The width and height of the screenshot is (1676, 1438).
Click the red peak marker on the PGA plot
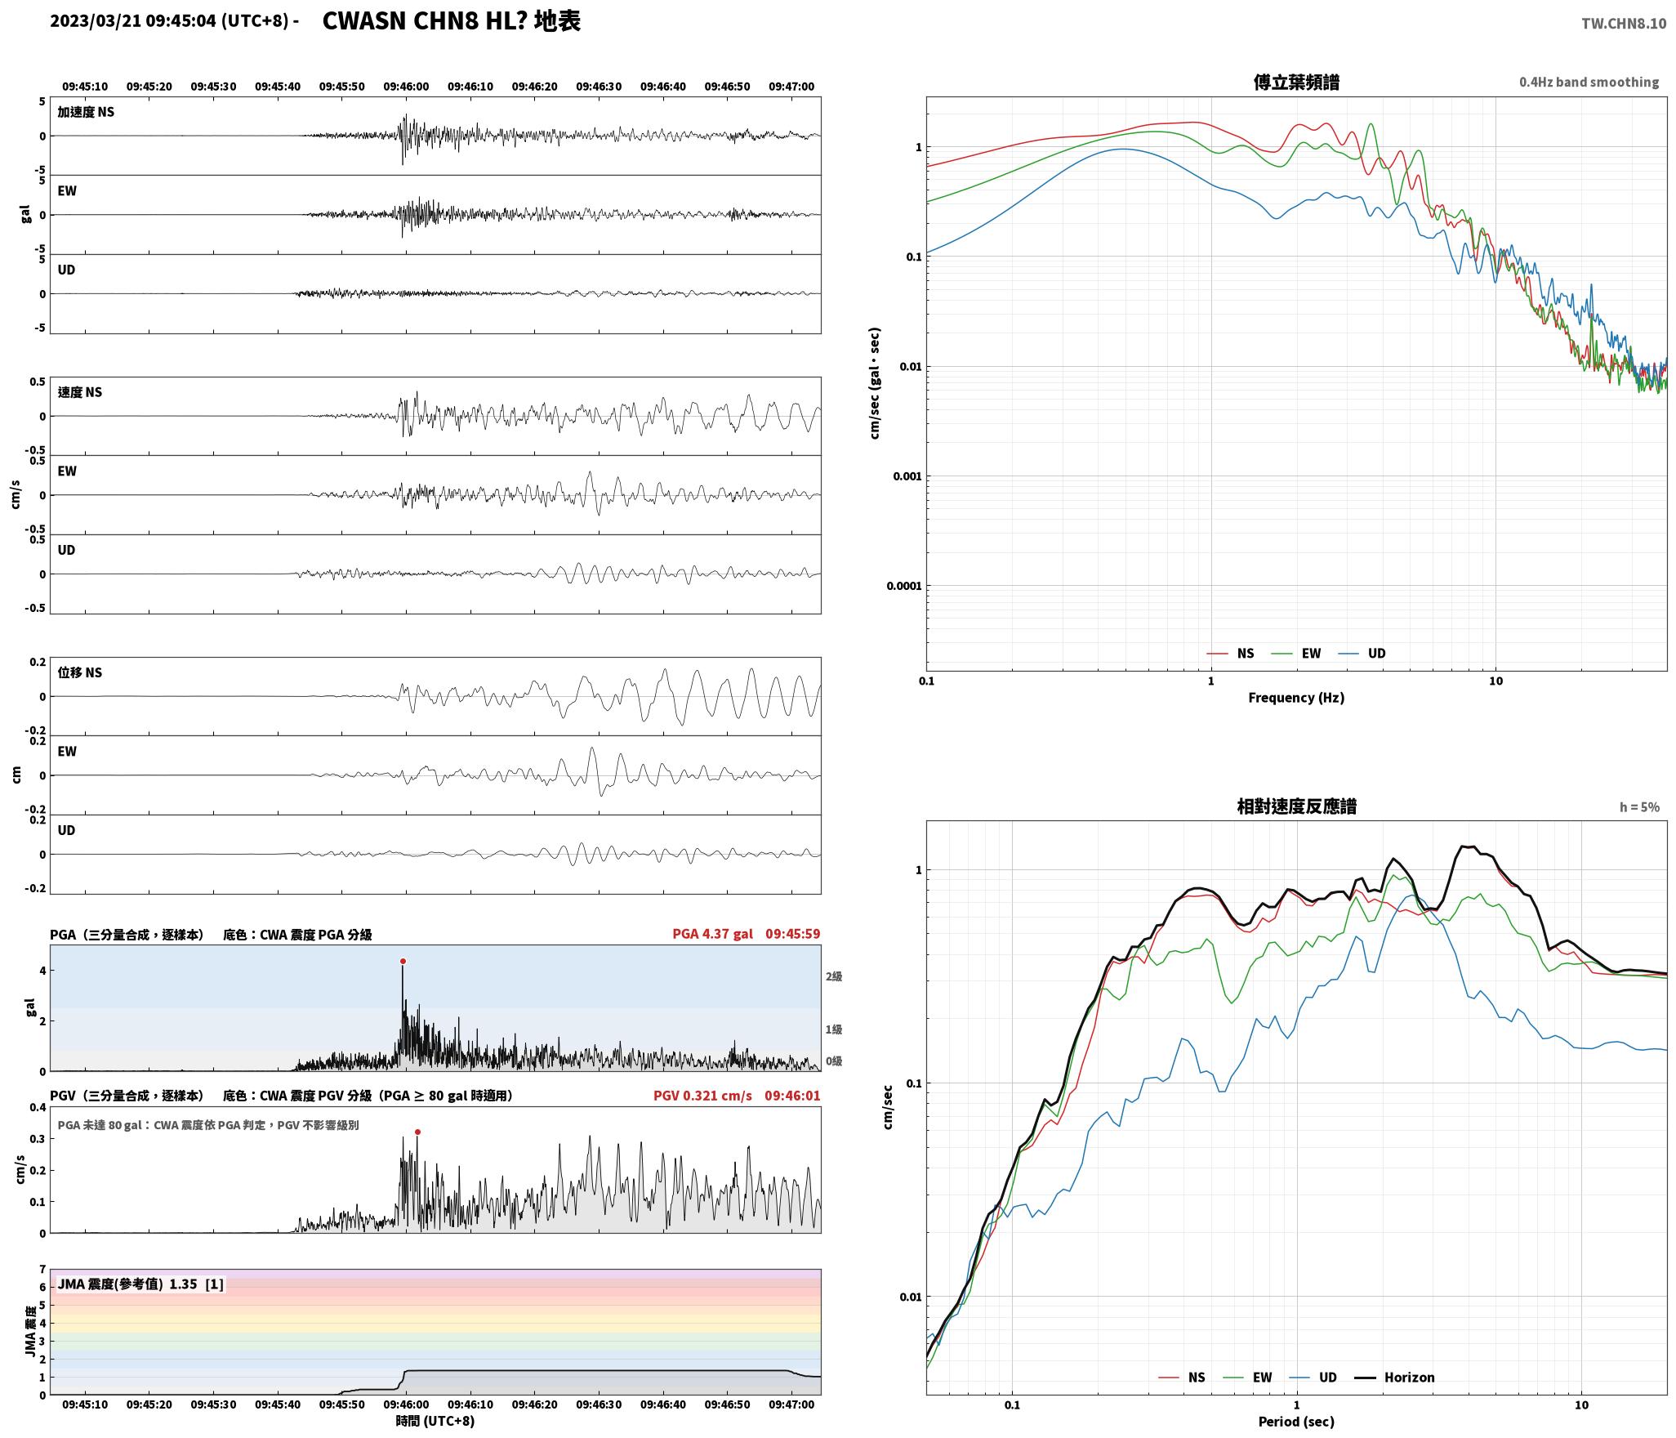point(403,962)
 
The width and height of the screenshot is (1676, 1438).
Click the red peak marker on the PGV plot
point(417,1132)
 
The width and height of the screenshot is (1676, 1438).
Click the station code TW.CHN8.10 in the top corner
point(1624,24)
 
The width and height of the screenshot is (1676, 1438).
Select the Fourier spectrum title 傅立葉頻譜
point(1296,83)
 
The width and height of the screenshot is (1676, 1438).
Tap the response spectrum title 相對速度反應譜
point(1296,806)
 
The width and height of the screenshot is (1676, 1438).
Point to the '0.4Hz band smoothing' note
point(1589,83)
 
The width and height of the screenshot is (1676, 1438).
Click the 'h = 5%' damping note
point(1639,807)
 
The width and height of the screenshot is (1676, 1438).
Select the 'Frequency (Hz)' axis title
point(1296,698)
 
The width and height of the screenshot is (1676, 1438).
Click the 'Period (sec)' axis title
point(1296,1422)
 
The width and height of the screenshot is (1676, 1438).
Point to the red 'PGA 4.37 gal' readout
point(712,934)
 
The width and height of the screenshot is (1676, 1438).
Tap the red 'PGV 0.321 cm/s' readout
point(702,1096)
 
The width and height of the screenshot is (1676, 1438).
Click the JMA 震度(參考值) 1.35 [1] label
point(140,1284)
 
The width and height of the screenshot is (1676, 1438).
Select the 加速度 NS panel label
point(86,112)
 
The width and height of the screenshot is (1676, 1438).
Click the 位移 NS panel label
point(80,672)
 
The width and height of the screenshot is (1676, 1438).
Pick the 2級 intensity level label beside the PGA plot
point(833,976)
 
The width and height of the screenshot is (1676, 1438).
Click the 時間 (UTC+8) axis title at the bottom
point(435,1421)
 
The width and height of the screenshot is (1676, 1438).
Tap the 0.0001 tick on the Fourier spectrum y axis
point(904,586)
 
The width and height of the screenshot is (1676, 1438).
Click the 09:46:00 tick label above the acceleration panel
point(406,87)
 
